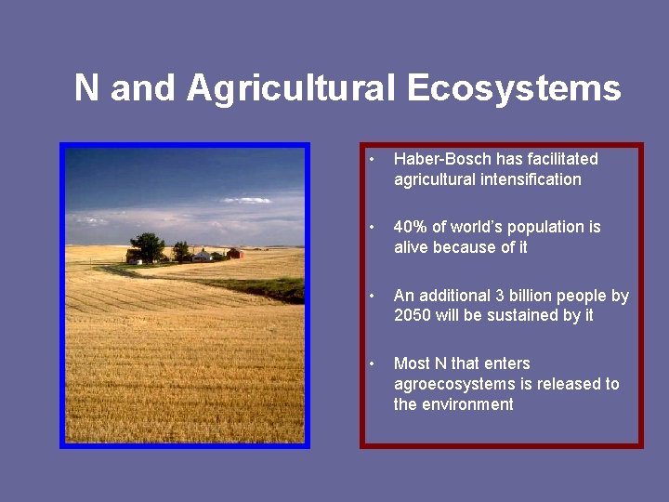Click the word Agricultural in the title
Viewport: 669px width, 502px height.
click(x=292, y=88)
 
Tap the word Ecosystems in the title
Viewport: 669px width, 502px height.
click(x=514, y=88)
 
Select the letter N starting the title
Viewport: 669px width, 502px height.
click(x=85, y=88)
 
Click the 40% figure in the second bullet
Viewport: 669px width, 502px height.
click(x=410, y=227)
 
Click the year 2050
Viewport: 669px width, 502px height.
click(x=413, y=315)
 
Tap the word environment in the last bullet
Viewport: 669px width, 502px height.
click(x=466, y=404)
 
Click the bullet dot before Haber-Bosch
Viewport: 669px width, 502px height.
click(x=371, y=160)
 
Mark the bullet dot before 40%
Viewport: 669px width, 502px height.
click(x=371, y=228)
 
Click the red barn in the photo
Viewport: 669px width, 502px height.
click(x=235, y=253)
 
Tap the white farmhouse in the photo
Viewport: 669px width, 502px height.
click(x=202, y=255)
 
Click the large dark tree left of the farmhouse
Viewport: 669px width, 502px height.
click(x=148, y=247)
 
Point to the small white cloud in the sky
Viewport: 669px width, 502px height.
click(x=245, y=200)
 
